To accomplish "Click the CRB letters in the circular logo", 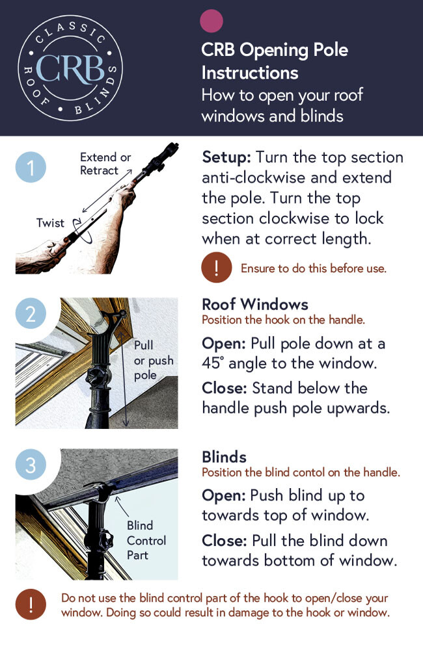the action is [70, 69].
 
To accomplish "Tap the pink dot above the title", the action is [211, 20].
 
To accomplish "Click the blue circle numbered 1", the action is [31, 167].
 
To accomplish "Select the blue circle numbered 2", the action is [31, 313].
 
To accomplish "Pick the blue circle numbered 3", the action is [31, 465].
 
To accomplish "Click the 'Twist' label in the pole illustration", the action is [51, 223].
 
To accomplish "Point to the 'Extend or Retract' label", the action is [105, 164].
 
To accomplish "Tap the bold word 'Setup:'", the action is [226, 157].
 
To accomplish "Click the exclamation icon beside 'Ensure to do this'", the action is [216, 267].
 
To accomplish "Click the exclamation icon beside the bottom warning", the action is [31, 604].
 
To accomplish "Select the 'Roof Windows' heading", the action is [255, 305].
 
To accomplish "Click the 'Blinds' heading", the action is [225, 457].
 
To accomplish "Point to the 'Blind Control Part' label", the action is [146, 540].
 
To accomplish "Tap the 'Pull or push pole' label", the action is [153, 360].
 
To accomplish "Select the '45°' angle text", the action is [213, 363].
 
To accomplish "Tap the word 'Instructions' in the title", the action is [250, 73].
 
